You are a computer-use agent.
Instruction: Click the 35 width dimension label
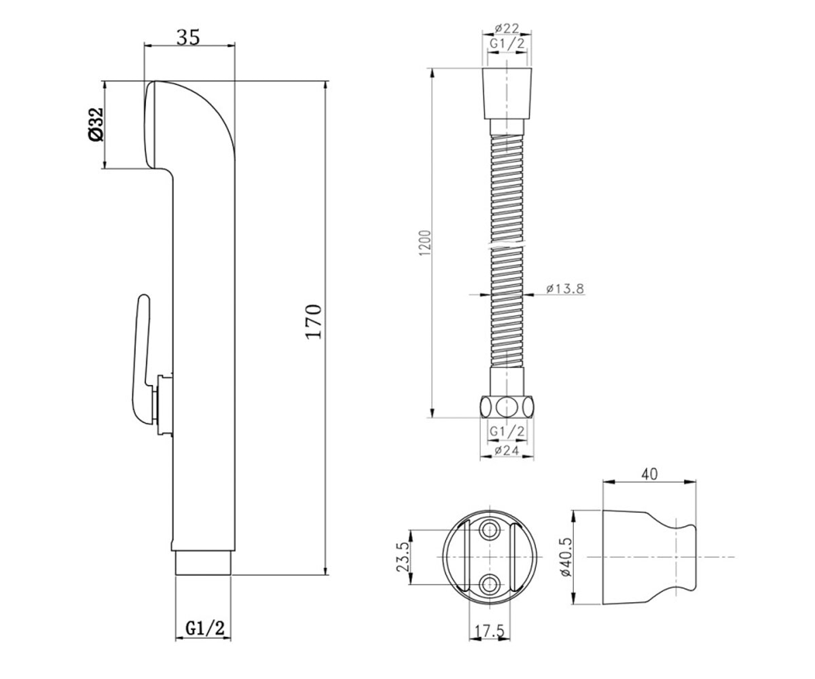click(x=188, y=37)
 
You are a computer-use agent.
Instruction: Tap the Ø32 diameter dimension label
click(x=96, y=124)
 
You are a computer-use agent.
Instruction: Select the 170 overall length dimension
click(x=313, y=322)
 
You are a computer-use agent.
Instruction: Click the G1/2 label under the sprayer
click(x=205, y=628)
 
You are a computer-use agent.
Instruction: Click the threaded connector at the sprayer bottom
click(x=203, y=563)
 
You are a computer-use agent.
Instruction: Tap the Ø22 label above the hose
click(x=507, y=29)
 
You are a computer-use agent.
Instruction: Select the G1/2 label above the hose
click(x=507, y=43)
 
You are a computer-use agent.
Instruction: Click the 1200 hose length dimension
click(x=425, y=242)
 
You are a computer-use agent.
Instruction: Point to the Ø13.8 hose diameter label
click(x=565, y=289)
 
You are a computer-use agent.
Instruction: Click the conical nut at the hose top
click(x=507, y=94)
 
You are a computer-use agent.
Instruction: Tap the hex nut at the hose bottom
click(x=507, y=407)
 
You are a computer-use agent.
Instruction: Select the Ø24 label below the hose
click(x=507, y=450)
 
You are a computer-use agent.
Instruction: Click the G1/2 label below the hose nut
click(x=507, y=431)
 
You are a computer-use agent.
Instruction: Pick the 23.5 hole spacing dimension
click(x=403, y=557)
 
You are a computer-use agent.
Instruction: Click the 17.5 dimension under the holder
click(x=490, y=631)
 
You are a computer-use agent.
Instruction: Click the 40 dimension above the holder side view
click(x=649, y=474)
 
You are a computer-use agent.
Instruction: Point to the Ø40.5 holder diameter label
click(x=566, y=557)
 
